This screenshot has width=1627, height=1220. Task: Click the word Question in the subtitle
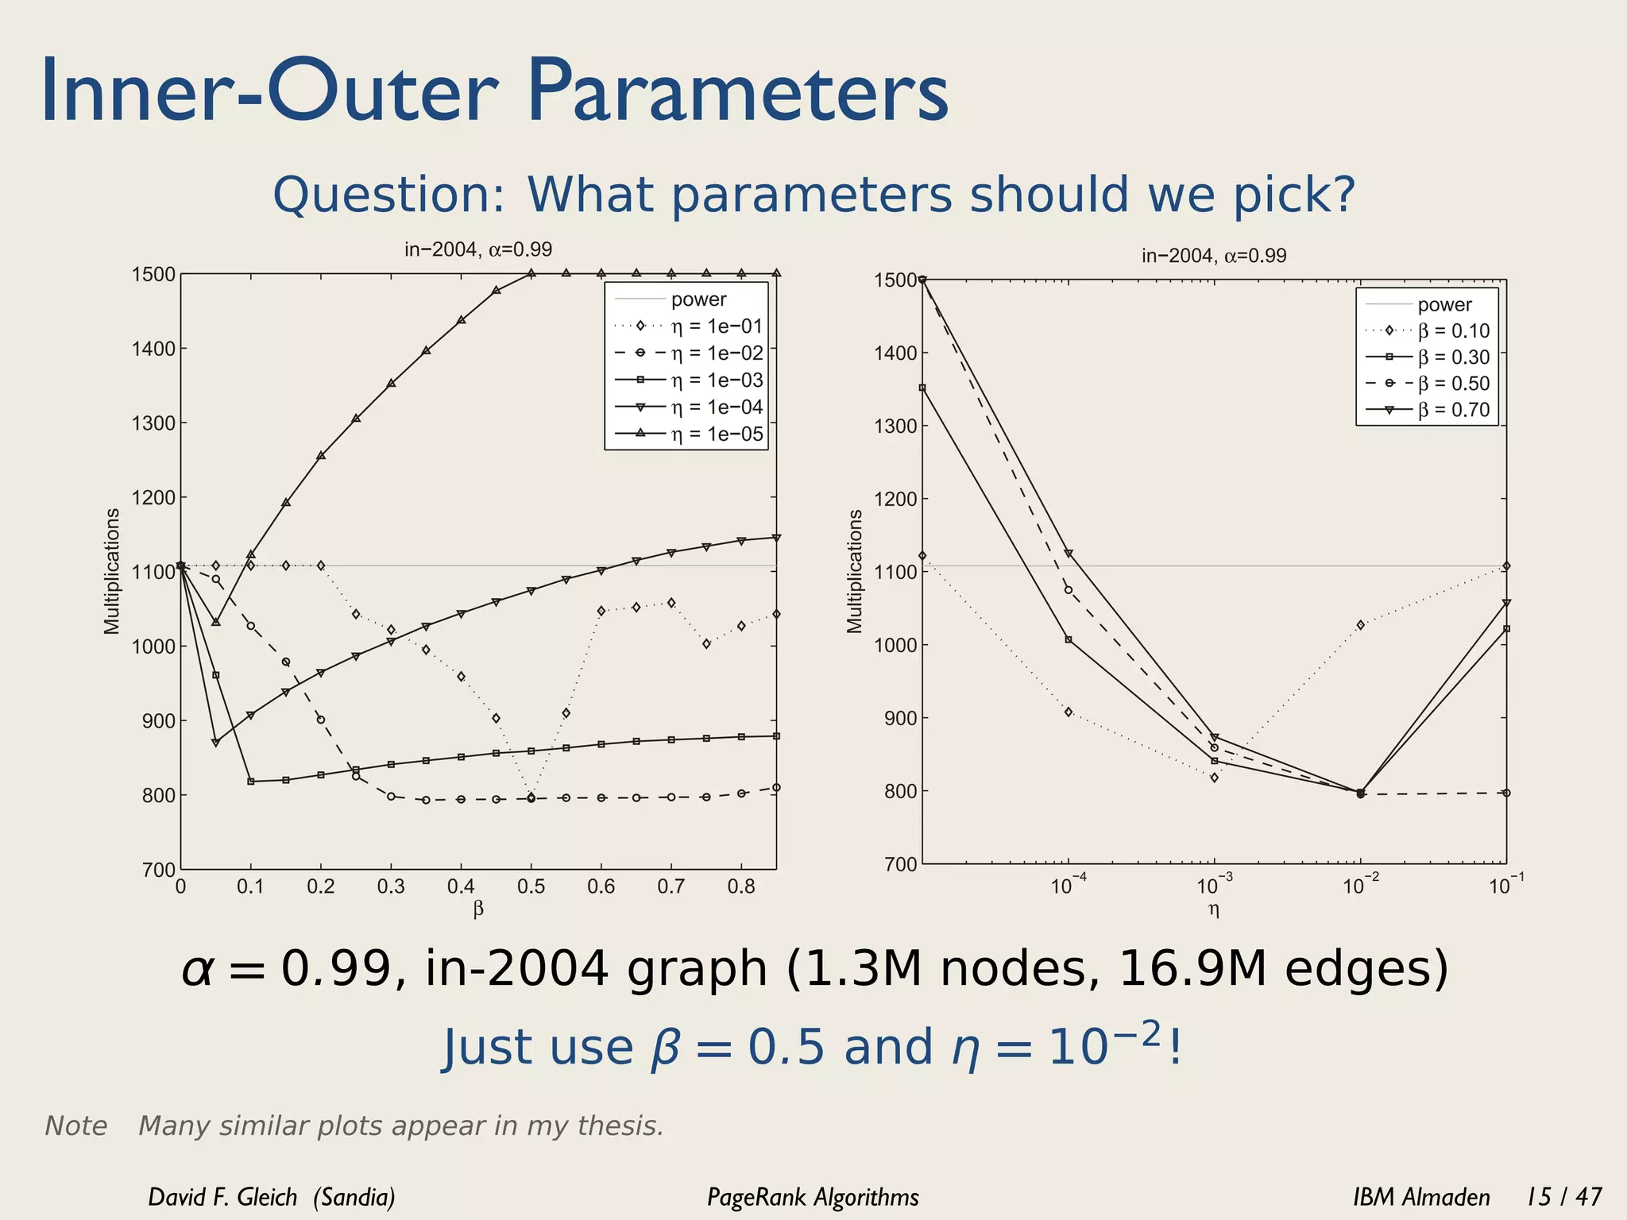tap(388, 195)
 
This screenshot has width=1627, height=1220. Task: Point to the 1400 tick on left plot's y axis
tap(153, 349)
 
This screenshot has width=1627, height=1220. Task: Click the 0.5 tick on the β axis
tap(531, 886)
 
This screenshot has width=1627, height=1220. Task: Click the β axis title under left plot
tap(478, 909)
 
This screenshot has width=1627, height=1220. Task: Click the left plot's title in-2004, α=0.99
tap(478, 249)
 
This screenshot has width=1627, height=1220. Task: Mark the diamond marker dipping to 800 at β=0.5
tap(531, 796)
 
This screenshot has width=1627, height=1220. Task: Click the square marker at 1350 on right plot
tap(922, 388)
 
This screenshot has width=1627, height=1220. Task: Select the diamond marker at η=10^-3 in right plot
tap(1214, 778)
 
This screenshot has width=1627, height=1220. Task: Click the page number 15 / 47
tap(1564, 1196)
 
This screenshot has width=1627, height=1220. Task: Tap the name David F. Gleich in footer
tap(222, 1197)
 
